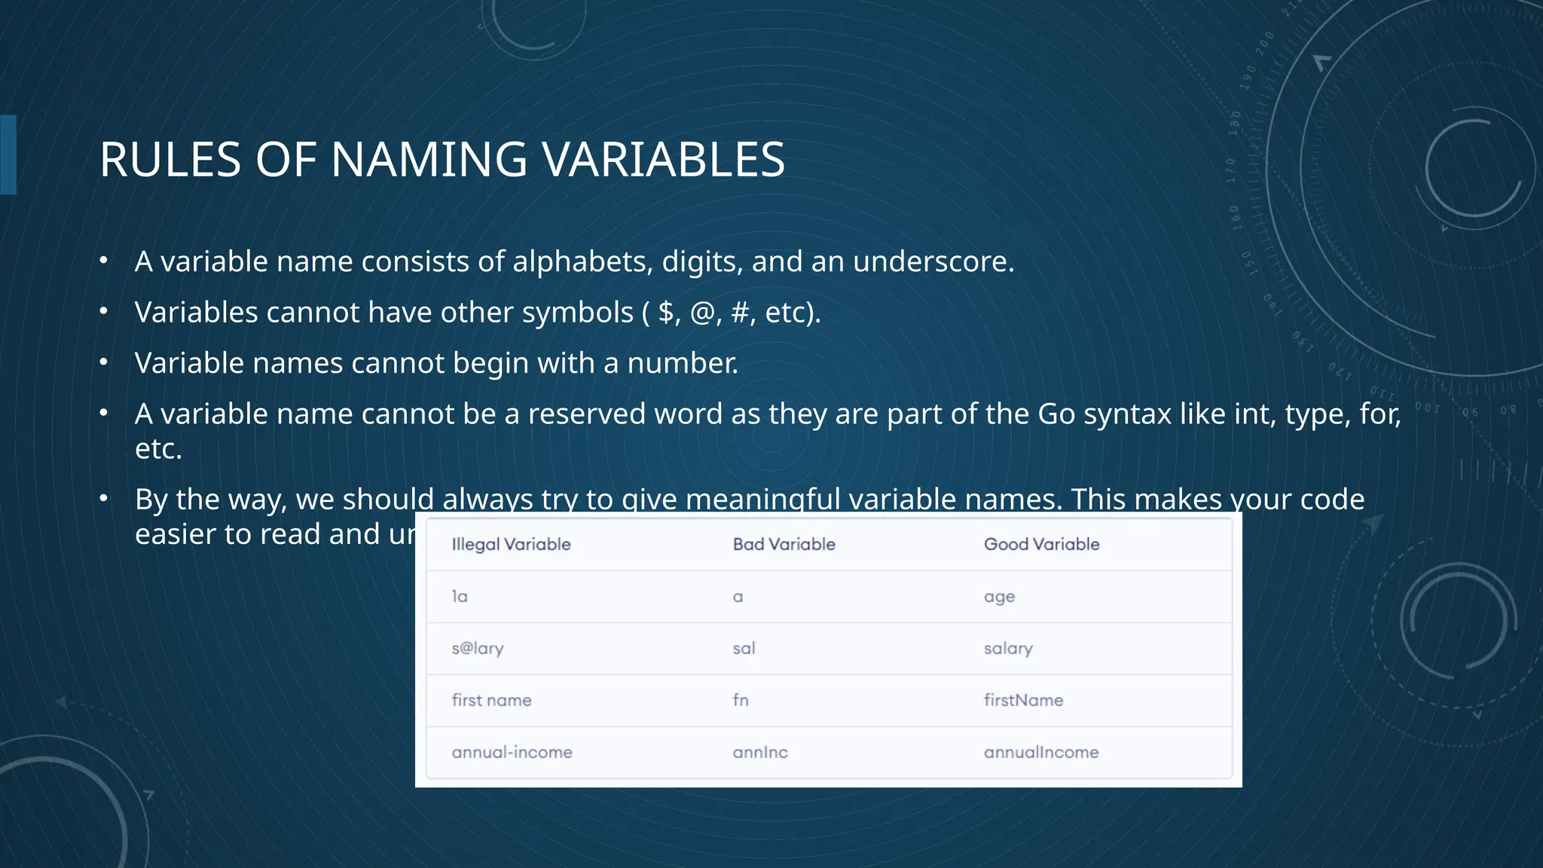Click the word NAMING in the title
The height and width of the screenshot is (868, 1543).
pyautogui.click(x=429, y=160)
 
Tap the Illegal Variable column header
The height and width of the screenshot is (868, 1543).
pyautogui.click(x=511, y=544)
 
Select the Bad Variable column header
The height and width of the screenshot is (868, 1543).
pyautogui.click(x=784, y=544)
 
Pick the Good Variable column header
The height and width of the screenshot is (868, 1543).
pyautogui.click(x=1041, y=544)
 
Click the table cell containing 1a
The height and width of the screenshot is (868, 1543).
pyautogui.click(x=460, y=597)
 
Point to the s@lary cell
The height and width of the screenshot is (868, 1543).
pyautogui.click(x=478, y=649)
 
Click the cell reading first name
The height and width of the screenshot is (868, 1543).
pyautogui.click(x=491, y=701)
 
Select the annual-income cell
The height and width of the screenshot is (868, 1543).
pyautogui.click(x=512, y=753)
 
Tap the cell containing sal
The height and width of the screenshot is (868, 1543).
pyautogui.click(x=744, y=649)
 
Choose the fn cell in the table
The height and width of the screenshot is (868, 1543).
pyautogui.click(x=741, y=701)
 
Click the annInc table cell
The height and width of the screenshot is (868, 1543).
pyautogui.click(x=760, y=753)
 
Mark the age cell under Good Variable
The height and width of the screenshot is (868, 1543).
pyautogui.click(x=999, y=597)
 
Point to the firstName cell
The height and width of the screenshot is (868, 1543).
pyautogui.click(x=1023, y=701)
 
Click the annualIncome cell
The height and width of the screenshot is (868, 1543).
pyautogui.click(x=1040, y=753)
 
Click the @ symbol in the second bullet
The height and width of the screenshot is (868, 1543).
pyautogui.click(x=702, y=313)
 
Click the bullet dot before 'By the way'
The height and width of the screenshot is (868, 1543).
pyautogui.click(x=104, y=498)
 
